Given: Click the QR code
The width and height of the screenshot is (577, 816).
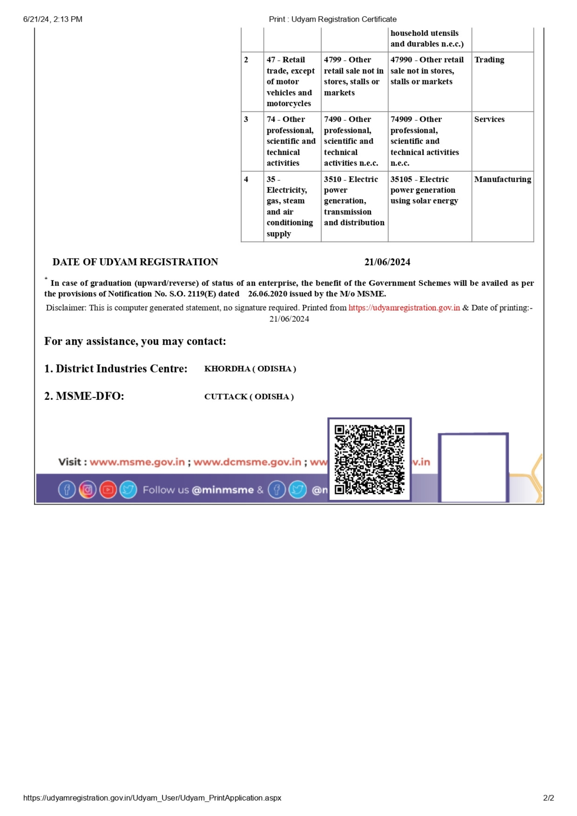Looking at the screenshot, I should (x=369, y=459).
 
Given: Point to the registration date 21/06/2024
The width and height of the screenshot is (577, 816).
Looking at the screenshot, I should (x=387, y=262).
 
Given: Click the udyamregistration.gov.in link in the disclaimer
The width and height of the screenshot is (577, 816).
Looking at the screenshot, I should (x=404, y=308).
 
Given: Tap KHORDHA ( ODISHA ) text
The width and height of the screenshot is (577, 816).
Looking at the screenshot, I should (x=250, y=369).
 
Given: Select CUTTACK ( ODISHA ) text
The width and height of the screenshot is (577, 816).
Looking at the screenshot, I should (x=249, y=397).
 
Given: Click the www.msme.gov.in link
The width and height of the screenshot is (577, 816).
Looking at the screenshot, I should (x=137, y=462).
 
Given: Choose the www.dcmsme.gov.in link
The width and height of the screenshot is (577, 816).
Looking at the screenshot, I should (x=247, y=462).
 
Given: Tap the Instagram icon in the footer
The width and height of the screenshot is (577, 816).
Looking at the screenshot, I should (x=87, y=490).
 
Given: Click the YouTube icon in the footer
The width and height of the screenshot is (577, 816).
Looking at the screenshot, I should (x=108, y=490).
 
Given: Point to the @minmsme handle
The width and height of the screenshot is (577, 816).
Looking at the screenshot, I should (x=222, y=490).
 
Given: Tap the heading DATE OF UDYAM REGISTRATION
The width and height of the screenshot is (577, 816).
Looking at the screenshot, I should (x=135, y=262).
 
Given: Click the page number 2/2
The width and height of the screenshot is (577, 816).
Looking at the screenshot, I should (x=548, y=798).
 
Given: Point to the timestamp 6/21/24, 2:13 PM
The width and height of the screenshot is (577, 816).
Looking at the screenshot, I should (x=53, y=19).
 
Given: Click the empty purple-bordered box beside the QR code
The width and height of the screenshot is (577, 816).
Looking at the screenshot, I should (x=473, y=468).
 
